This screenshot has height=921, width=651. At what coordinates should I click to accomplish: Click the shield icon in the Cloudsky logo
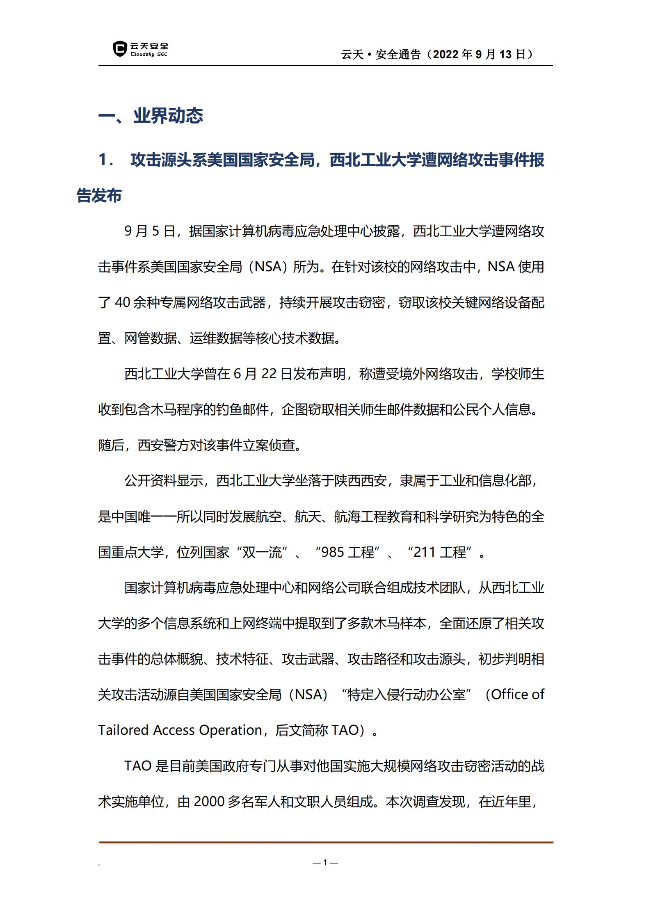coord(119,49)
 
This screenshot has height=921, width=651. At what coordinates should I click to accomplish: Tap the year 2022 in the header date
coord(446,55)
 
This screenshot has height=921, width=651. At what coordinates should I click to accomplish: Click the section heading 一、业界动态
coord(151,116)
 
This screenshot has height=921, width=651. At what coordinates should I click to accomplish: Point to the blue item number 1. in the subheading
coord(106,160)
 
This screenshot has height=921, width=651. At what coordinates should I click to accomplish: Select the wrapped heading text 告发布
coord(99,196)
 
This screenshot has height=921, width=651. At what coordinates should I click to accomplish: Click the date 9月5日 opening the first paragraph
coord(150,231)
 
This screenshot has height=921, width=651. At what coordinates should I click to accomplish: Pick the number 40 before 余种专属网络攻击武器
coord(123,303)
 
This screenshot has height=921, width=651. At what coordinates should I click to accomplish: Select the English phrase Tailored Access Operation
coord(180,730)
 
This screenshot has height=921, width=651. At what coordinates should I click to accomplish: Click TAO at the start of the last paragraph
coord(138,766)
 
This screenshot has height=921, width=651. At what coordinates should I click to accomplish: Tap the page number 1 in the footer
coord(325,862)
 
